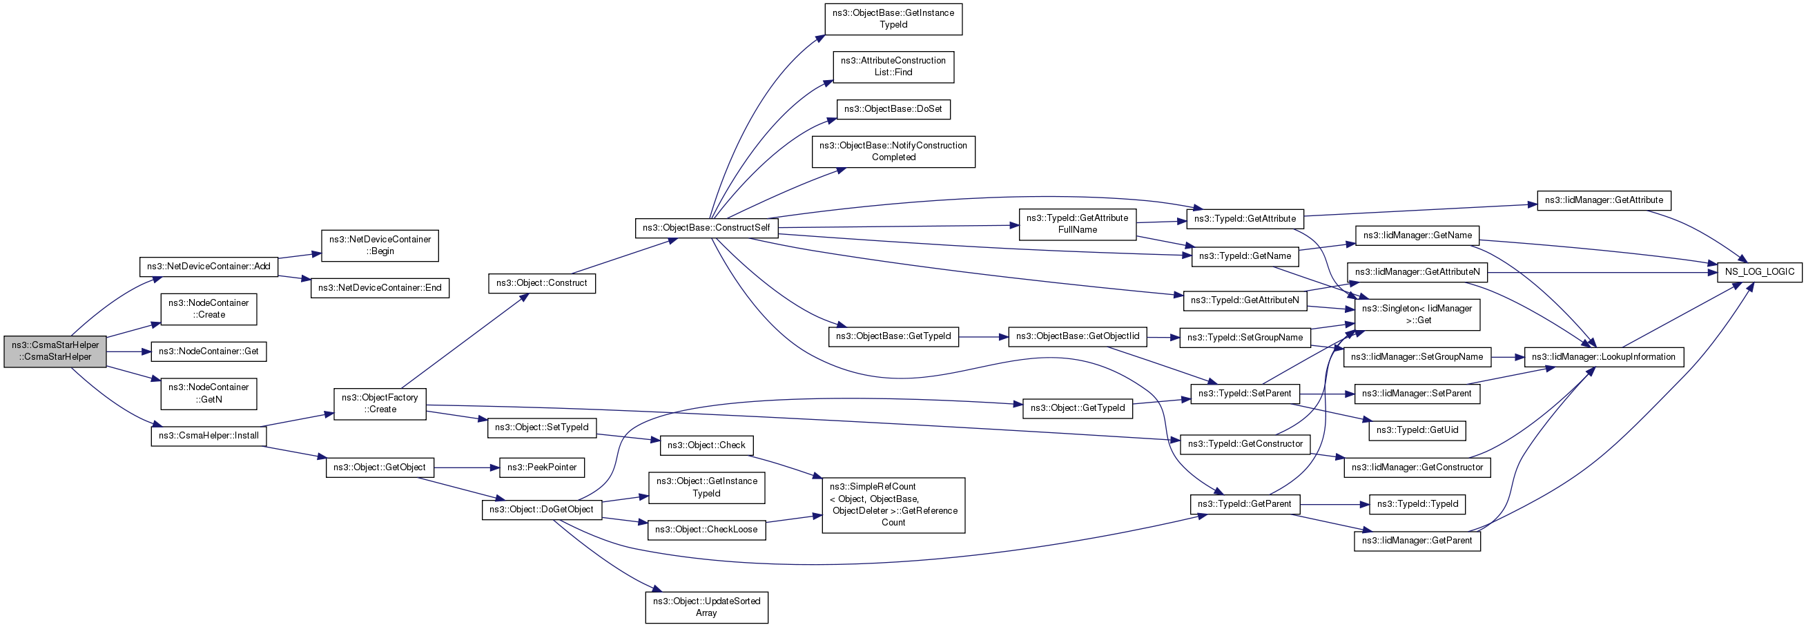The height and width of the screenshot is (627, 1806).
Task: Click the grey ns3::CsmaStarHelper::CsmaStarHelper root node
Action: click(x=55, y=351)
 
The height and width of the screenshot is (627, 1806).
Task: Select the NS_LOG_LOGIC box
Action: click(x=1760, y=271)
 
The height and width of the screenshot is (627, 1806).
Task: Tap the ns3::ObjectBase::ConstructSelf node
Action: click(x=706, y=227)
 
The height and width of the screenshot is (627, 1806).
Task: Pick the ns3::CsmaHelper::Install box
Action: click(x=208, y=436)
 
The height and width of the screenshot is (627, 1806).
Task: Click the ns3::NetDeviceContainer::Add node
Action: click(x=208, y=267)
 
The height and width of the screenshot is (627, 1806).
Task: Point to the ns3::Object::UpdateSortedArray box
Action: click(x=706, y=608)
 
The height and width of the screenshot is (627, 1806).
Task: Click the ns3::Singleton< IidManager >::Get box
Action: click(x=1417, y=314)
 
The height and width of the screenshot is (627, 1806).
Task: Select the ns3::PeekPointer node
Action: click(x=542, y=467)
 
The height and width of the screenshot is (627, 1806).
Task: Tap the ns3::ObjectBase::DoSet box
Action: click(x=893, y=108)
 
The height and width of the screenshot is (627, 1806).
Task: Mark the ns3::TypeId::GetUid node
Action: click(x=1417, y=430)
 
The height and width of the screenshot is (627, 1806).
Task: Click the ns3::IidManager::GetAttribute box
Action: click(x=1604, y=200)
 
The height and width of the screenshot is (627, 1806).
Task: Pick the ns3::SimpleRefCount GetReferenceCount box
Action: click(x=893, y=505)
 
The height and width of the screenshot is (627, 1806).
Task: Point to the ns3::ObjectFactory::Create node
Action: click(x=380, y=404)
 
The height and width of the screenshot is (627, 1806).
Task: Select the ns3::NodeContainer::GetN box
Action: click(x=209, y=394)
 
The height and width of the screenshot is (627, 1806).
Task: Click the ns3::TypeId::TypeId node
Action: click(x=1417, y=503)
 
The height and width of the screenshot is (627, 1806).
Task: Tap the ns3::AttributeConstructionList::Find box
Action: click(x=893, y=66)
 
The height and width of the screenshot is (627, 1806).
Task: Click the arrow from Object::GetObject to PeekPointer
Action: click(x=466, y=467)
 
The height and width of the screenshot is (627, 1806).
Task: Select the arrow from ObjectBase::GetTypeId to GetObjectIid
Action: click(x=983, y=337)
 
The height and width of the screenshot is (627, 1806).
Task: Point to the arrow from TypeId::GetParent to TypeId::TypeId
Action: click(x=1334, y=503)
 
